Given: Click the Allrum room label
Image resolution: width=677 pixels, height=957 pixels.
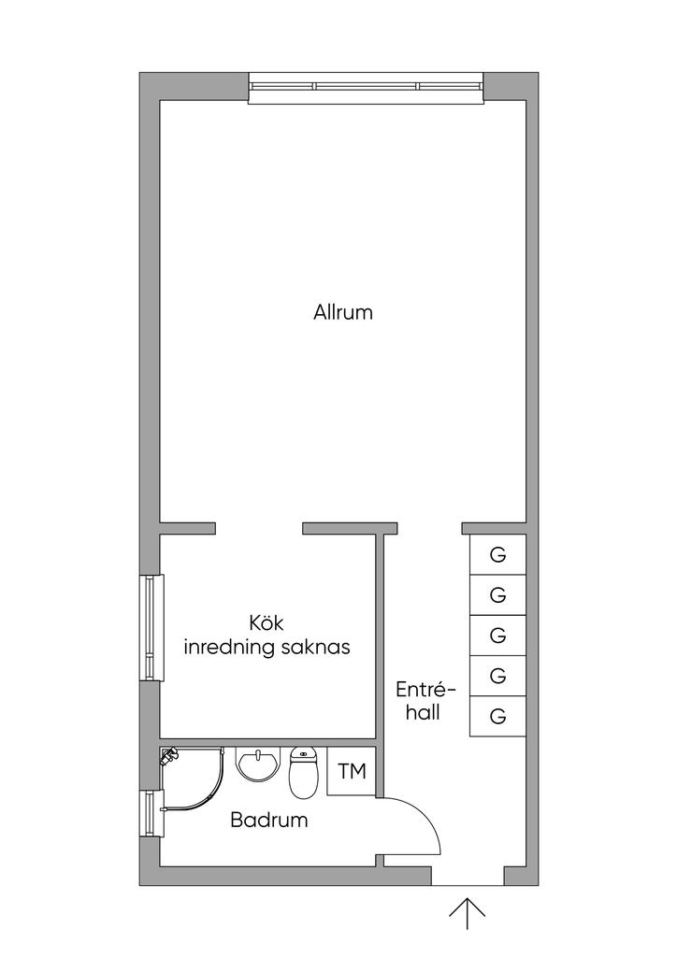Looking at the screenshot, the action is coord(343,312).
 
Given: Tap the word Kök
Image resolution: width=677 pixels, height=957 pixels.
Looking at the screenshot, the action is coord(266,623).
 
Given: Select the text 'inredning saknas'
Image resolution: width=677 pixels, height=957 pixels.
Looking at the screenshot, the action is coord(266,648).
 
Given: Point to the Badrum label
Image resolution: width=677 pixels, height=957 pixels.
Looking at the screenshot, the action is coord(269,820).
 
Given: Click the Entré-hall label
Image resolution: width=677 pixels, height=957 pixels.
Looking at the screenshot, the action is coord(426,701).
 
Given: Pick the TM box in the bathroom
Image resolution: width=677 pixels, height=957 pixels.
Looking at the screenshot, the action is coord(351,771).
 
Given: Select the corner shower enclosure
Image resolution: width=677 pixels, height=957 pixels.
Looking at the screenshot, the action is coord(192,778).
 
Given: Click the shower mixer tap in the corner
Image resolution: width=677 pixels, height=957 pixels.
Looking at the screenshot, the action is coord(168,757).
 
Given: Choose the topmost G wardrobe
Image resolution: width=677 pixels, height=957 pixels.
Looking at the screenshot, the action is coord(497,555).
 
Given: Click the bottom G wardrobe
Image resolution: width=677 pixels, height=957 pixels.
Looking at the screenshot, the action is coord(497,716).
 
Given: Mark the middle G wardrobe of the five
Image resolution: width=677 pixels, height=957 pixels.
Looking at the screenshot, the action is coord(497,636).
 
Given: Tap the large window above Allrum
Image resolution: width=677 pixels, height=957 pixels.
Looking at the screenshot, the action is coord(367,88).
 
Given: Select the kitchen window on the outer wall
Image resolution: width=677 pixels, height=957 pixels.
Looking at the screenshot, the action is coord(152,627).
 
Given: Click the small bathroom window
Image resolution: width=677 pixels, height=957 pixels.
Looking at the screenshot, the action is coord(152,814).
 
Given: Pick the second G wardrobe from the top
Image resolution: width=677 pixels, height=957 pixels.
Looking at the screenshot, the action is coord(497,595).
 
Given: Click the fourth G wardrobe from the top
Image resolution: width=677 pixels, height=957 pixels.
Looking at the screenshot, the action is coord(497,676).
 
